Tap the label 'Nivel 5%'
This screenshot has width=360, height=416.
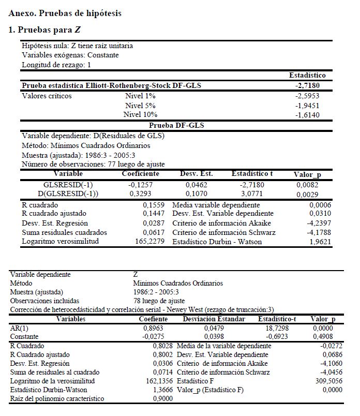141,105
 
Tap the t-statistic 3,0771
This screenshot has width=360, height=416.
252,194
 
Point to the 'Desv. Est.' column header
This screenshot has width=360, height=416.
196,174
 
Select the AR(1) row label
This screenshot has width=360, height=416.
19,328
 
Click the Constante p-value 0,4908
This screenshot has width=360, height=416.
325,336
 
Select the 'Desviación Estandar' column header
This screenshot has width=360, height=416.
214,319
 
